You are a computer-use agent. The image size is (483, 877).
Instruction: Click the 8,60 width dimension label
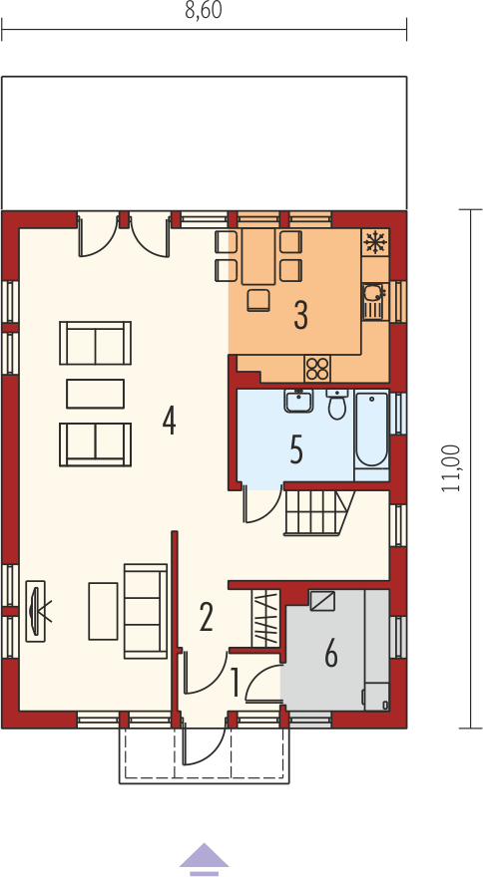tap(204, 11)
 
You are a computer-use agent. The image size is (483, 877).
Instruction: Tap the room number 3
tap(301, 317)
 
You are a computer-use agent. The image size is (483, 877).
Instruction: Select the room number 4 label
tap(170, 422)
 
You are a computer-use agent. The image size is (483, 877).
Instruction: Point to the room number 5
tap(296, 450)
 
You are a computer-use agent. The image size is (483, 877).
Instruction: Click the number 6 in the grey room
tap(331, 655)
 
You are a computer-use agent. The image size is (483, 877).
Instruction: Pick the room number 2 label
tap(207, 619)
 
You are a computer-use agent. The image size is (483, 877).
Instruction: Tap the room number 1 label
tap(236, 685)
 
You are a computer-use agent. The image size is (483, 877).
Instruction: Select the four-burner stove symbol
tap(317, 369)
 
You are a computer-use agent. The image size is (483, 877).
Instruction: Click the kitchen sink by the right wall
tap(371, 301)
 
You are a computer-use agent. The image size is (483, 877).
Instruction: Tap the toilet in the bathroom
tap(336, 405)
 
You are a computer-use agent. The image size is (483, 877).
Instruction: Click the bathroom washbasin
tap(298, 401)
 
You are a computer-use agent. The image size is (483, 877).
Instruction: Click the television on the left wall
tap(37, 610)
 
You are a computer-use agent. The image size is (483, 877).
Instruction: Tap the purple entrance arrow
tap(204, 858)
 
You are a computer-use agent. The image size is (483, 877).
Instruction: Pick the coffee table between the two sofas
tap(95, 394)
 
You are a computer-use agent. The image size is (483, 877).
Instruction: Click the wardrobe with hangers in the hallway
tap(266, 617)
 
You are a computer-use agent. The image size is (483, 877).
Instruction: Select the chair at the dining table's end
tap(258, 300)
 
